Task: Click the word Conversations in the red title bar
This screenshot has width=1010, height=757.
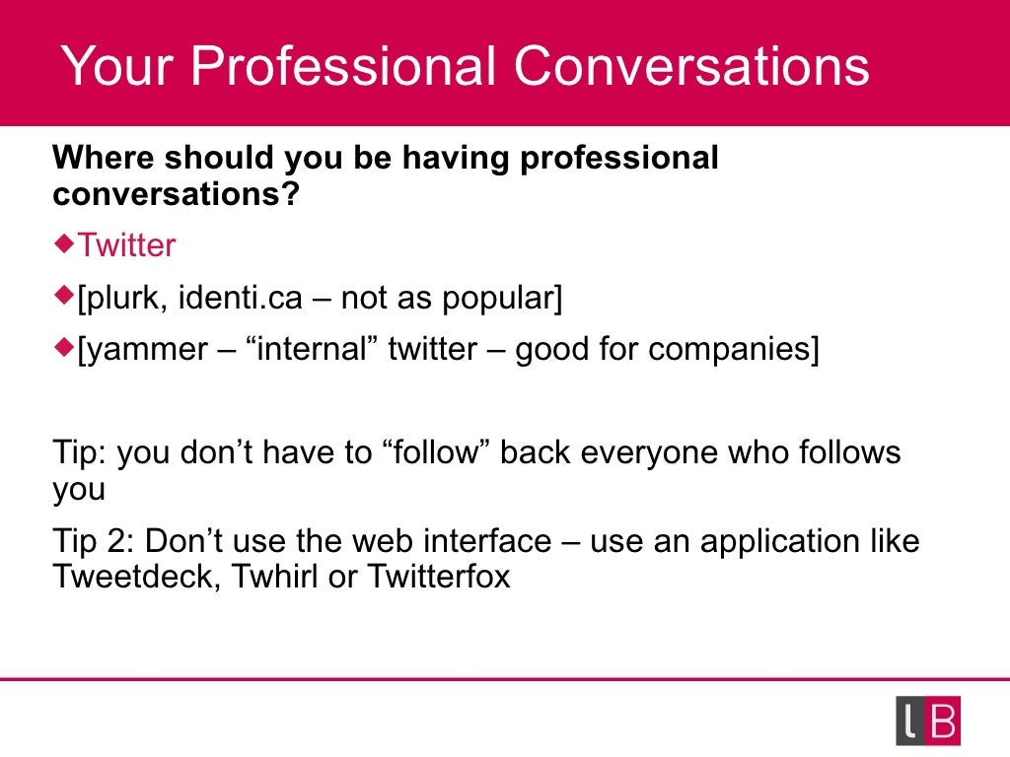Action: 690,67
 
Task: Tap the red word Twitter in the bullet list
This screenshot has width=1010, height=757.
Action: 126,245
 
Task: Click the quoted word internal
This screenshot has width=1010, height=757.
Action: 301,350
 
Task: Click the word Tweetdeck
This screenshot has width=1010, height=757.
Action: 136,576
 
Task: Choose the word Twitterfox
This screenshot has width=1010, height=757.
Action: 439,576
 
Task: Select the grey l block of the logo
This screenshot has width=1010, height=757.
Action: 910,722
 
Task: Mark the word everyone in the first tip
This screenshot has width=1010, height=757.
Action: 649,453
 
